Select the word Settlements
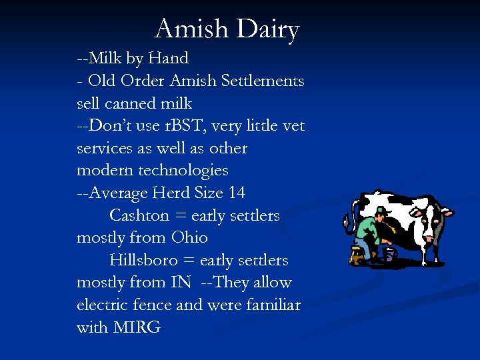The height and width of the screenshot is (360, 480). tap(265, 81)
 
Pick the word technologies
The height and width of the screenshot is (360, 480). tap(183, 171)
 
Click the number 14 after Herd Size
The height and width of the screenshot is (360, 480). tap(236, 193)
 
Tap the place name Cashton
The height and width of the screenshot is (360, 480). tap(139, 215)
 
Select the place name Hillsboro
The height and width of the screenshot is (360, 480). tap(143, 260)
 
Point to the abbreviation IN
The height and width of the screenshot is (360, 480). tap(180, 282)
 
